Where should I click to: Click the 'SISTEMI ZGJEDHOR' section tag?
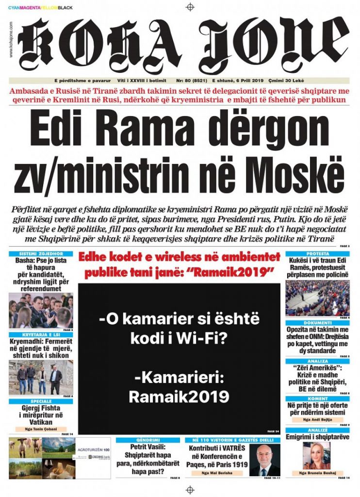(x=40, y=254)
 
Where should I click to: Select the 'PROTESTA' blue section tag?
(x=318, y=254)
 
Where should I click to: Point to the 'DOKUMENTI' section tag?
(x=318, y=323)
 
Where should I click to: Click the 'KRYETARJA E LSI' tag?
(x=40, y=334)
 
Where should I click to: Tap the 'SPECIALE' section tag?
(x=40, y=401)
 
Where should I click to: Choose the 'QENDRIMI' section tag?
(x=148, y=439)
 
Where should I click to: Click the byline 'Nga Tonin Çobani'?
(x=40, y=429)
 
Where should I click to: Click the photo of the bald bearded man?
(x=265, y=460)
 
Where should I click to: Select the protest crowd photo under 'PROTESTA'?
(x=318, y=298)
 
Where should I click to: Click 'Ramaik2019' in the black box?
(x=179, y=397)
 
